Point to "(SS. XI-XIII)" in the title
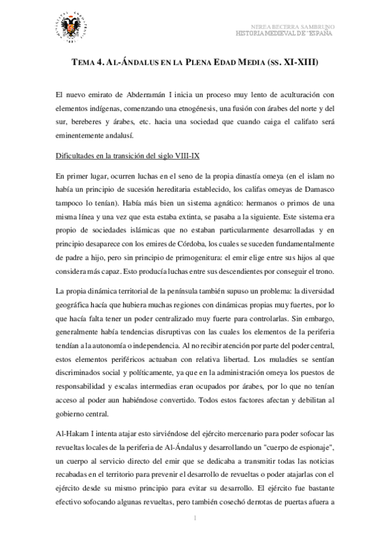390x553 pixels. point(292,64)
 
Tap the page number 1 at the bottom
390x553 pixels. point(195,518)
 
